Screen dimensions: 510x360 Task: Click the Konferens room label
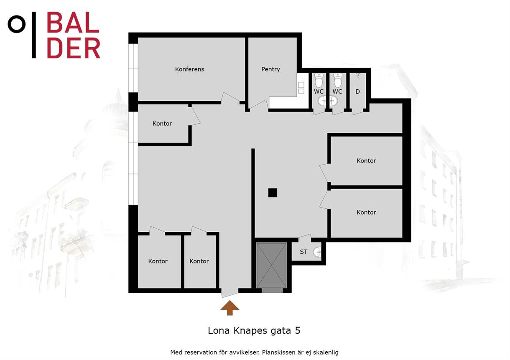[x=189, y=69]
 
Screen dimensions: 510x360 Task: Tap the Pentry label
[x=270, y=69]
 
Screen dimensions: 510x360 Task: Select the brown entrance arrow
[x=230, y=308]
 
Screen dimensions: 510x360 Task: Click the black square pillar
[x=273, y=193]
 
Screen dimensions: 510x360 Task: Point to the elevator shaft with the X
[x=271, y=265]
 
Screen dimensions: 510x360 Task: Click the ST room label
[x=303, y=252]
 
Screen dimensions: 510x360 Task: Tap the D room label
[x=357, y=91]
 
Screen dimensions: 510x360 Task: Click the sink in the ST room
[x=317, y=252]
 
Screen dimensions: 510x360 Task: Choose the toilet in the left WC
[x=319, y=81]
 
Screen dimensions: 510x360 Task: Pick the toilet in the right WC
[x=338, y=81]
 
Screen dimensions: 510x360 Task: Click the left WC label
[x=319, y=91]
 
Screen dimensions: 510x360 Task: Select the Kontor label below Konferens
[x=162, y=124]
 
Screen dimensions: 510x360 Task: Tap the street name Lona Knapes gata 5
[x=254, y=331]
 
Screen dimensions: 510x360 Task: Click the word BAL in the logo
[x=73, y=22]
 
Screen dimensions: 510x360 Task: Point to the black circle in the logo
[x=16, y=24]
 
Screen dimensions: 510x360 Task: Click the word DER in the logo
[x=74, y=48]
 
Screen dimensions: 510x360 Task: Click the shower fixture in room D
[x=358, y=75]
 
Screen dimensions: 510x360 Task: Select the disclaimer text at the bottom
[x=254, y=352]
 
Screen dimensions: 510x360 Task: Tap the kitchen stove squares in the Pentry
[x=301, y=88]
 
